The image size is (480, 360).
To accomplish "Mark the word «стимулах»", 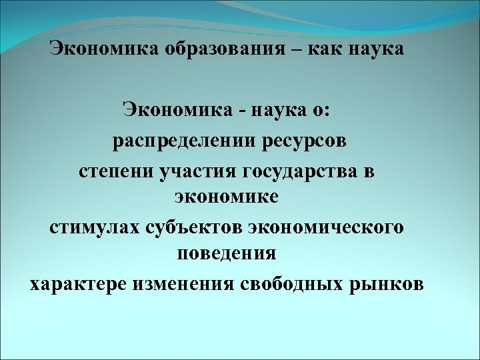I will (x=93, y=227).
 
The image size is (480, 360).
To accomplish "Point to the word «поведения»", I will (x=227, y=254).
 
